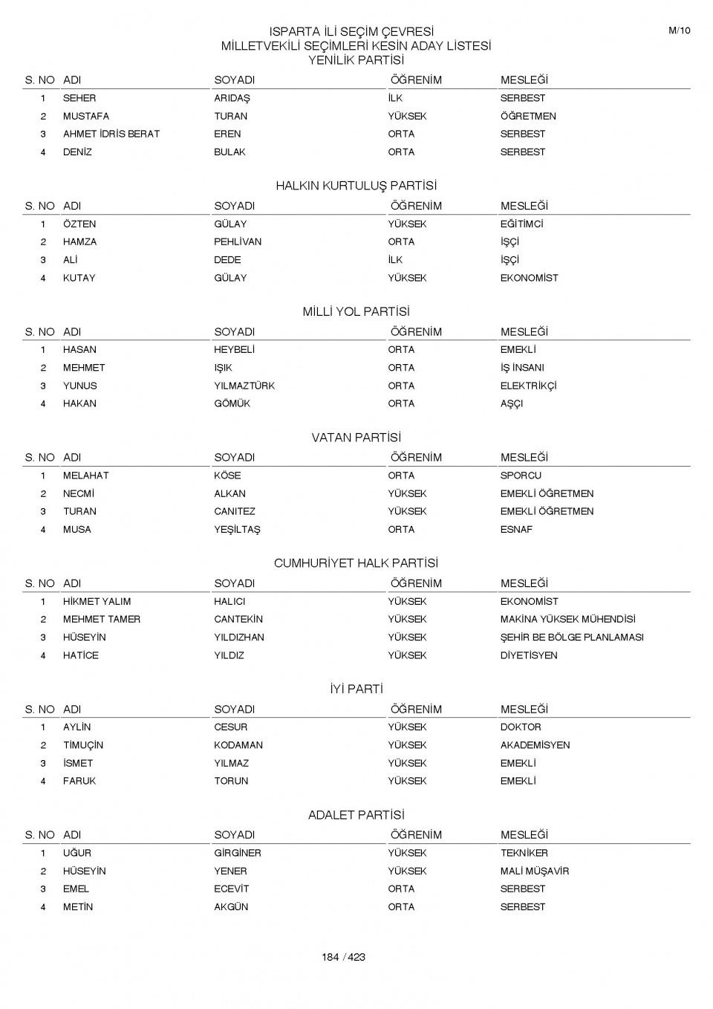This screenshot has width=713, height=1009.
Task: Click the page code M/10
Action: [680, 30]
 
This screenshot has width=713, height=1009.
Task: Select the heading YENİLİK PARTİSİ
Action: [356, 60]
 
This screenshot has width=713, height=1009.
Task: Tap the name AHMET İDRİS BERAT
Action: [111, 134]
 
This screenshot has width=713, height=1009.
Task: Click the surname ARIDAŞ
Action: [232, 98]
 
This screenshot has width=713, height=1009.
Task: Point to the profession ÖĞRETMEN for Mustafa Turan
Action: [527, 116]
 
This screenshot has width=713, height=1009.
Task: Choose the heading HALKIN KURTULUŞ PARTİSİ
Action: [356, 186]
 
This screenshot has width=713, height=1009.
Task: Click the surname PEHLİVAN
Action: [238, 241]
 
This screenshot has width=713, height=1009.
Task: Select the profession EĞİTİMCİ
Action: [521, 224]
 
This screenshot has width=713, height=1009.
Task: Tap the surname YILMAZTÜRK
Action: [244, 386]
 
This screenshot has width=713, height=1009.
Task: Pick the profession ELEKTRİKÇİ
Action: [528, 386]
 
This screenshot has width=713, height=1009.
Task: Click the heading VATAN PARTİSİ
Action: [356, 438]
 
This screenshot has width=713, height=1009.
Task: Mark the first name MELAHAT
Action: [85, 476]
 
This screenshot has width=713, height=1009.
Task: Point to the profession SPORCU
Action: [521, 476]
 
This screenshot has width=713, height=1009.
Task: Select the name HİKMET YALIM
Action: [97, 601]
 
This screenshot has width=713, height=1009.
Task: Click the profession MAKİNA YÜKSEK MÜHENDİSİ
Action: [567, 619]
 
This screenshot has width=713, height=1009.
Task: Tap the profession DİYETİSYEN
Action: [528, 655]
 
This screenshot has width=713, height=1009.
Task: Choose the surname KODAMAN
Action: [238, 744]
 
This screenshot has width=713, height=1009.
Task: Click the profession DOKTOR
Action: [521, 727]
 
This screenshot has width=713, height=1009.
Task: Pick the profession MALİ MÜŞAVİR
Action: [534, 871]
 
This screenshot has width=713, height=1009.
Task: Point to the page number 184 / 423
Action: [343, 957]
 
